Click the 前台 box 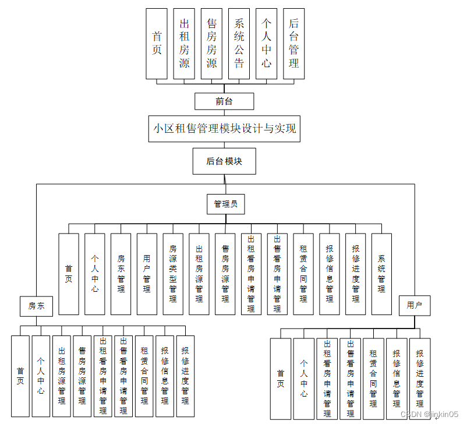(224, 101)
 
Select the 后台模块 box (224, 161)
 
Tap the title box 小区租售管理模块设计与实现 (224, 129)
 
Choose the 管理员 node (225, 204)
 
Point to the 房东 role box (36, 305)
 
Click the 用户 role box (415, 305)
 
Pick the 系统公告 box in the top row (239, 44)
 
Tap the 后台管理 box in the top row (293, 44)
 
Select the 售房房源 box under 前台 (211, 44)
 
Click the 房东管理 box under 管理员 (121, 274)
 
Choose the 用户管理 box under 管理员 (147, 274)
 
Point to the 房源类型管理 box (173, 274)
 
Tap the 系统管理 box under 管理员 (381, 274)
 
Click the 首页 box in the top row (157, 44)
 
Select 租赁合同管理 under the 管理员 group (303, 274)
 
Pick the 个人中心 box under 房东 (41, 376)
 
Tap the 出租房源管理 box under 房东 (62, 376)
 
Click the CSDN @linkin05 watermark (429, 414)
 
